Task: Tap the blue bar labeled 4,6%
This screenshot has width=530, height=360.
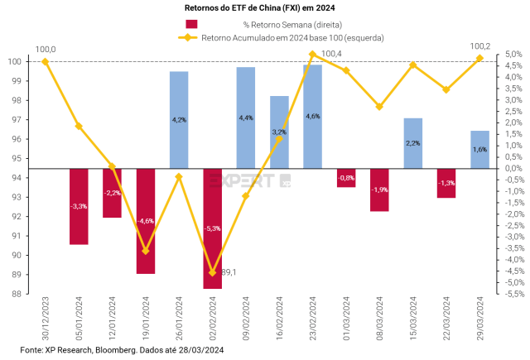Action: click(x=313, y=117)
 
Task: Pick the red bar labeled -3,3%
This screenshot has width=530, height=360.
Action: click(x=79, y=206)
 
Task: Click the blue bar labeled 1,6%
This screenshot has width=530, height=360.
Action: click(x=479, y=150)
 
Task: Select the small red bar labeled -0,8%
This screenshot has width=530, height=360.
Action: click(x=346, y=178)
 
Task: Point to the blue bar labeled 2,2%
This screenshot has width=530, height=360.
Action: click(x=413, y=143)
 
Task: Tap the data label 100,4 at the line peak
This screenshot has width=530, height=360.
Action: click(x=331, y=55)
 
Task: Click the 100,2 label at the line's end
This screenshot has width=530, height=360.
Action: click(x=481, y=46)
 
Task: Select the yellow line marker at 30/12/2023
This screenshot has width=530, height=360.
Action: click(x=45, y=61)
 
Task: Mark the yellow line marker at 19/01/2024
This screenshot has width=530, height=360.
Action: click(x=146, y=251)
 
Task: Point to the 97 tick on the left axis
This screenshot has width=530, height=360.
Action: click(x=16, y=119)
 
